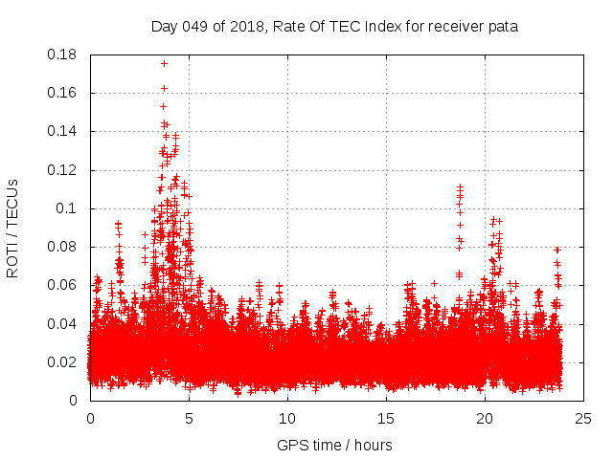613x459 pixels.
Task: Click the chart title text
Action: pyautogui.click(x=334, y=27)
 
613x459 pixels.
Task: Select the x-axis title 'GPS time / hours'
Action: pyautogui.click(x=334, y=445)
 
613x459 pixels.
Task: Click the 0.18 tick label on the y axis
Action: pyautogui.click(x=65, y=55)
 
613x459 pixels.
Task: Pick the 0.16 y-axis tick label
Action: pyautogui.click(x=65, y=93)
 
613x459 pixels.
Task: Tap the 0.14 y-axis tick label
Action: pyautogui.click(x=65, y=131)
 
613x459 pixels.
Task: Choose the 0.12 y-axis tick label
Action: pyautogui.click(x=65, y=170)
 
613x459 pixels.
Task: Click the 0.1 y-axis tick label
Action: pyautogui.click(x=69, y=208)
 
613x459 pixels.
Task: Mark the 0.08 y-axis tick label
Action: pyautogui.click(x=65, y=247)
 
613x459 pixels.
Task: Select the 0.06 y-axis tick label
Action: pyautogui.click(x=65, y=285)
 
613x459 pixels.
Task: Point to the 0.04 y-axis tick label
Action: pyautogui.click(x=65, y=323)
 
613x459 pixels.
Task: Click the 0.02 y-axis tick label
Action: pyautogui.click(x=65, y=362)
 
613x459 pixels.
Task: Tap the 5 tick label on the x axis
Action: pyautogui.click(x=189, y=418)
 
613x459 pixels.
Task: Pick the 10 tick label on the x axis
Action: pyautogui.click(x=287, y=418)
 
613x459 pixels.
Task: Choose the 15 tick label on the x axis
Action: pyautogui.click(x=386, y=418)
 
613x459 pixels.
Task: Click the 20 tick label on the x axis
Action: pyautogui.click(x=485, y=418)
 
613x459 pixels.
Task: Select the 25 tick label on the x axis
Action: pyautogui.click(x=583, y=418)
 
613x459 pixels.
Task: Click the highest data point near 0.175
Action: pyautogui.click(x=165, y=63)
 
